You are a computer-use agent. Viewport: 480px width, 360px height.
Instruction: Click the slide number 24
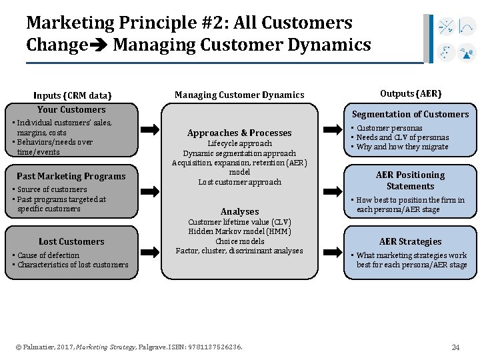(455, 347)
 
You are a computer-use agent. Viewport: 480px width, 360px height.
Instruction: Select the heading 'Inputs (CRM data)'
(73, 95)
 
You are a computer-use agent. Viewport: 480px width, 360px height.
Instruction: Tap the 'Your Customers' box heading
(71, 109)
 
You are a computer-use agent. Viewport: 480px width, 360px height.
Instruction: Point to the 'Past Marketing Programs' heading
(71, 176)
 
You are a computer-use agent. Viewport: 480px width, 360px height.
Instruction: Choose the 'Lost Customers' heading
(71, 241)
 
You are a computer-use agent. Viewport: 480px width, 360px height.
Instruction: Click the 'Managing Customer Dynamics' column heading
(239, 95)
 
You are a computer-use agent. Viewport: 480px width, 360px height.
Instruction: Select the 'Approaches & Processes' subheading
(239, 133)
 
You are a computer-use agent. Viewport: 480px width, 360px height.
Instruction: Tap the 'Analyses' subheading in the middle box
(239, 211)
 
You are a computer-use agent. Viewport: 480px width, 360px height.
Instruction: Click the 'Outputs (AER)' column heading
(411, 93)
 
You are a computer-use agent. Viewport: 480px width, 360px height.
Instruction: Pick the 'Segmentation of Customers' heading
(411, 114)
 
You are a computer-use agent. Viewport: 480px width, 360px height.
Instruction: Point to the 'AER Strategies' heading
(411, 241)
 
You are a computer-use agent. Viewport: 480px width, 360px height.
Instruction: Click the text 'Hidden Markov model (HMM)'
(239, 231)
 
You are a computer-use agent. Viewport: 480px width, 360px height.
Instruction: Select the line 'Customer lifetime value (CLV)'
(239, 222)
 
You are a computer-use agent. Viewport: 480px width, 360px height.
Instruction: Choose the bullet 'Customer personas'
(389, 128)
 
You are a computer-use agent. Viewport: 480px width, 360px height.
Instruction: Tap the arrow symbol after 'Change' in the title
(99, 46)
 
